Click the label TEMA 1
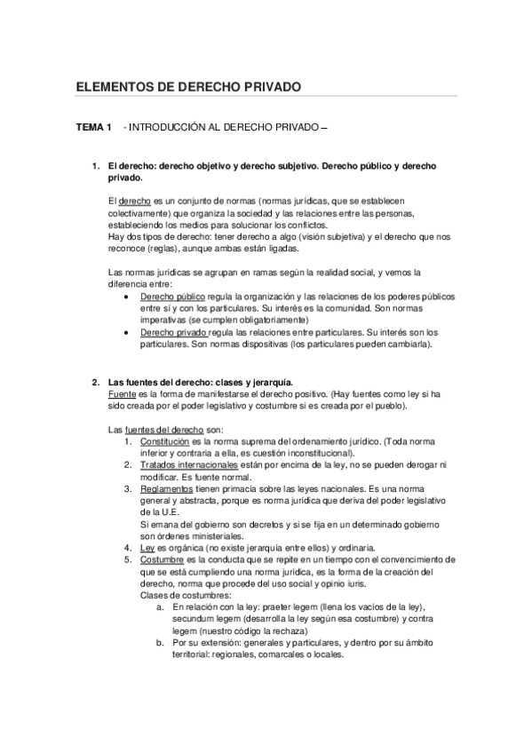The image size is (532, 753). (x=93, y=130)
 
